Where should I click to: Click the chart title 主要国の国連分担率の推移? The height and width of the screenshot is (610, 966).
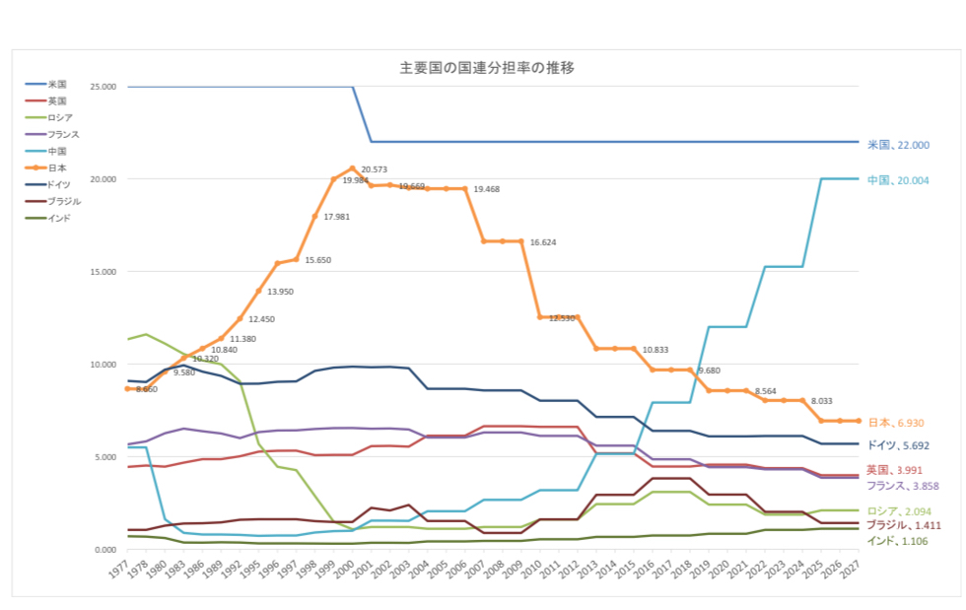[x=486, y=68]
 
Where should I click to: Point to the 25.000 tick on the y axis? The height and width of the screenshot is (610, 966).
[x=103, y=87]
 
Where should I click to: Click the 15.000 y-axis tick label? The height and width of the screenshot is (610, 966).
[x=103, y=272]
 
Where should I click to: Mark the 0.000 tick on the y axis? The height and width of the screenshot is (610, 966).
[x=105, y=550]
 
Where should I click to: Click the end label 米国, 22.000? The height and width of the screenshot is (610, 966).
[x=898, y=145]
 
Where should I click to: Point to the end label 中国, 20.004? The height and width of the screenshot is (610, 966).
[x=898, y=180]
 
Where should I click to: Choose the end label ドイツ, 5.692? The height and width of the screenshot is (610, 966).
[x=902, y=445]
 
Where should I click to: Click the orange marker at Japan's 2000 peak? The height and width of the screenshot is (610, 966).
[x=353, y=169]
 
